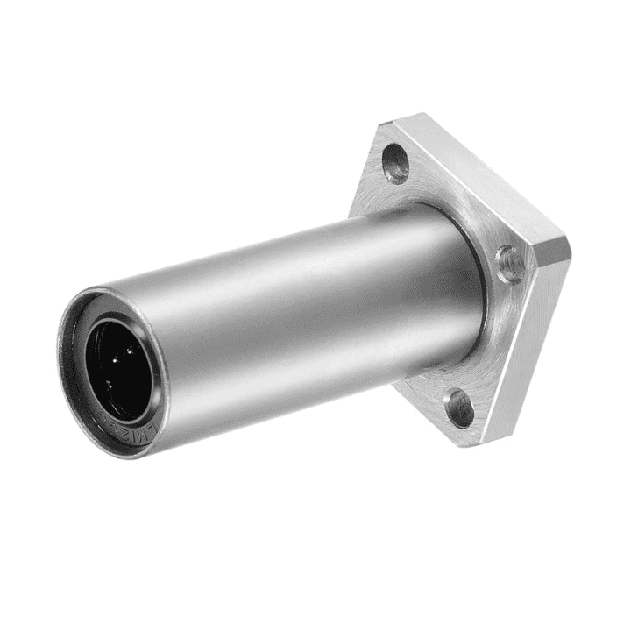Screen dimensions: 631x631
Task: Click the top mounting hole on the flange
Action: [x=396, y=163]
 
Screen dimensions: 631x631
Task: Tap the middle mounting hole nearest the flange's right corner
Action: [x=509, y=262]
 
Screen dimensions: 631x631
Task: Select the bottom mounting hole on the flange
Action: [x=459, y=408]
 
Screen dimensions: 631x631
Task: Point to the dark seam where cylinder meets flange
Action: [x=481, y=289]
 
